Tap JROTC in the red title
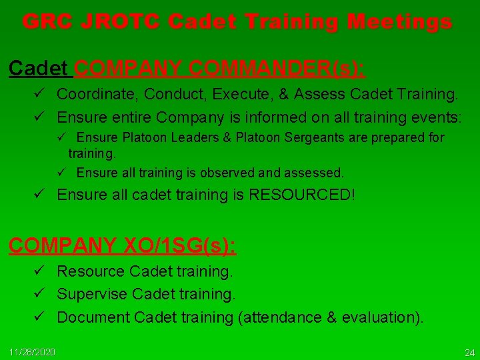pyautogui.click(x=114, y=22)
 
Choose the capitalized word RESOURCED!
pyautogui.click(x=304, y=195)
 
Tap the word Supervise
pyautogui.click(x=91, y=294)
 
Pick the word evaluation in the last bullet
pyautogui.click(x=380, y=317)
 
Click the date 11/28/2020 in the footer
pyautogui.click(x=33, y=351)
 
